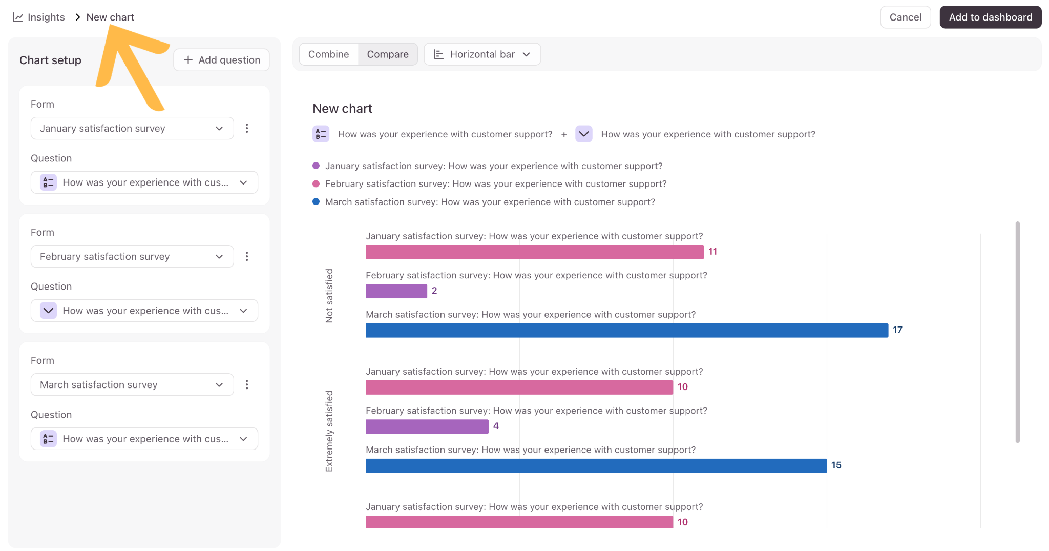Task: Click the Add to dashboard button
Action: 990,17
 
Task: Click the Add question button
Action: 221,60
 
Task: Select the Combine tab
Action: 328,54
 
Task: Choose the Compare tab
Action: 388,54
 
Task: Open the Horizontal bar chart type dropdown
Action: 482,54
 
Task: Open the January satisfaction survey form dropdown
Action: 132,128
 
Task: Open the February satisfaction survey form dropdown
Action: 132,256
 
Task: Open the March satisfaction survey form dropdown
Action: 132,384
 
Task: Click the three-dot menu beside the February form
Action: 247,256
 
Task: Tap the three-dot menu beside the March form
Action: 247,384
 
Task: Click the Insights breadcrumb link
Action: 39,17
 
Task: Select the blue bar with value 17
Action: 627,331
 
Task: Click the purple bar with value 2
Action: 396,291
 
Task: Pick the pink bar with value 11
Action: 535,252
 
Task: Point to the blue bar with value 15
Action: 596,466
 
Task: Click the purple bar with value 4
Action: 427,426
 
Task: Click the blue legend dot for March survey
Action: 316,202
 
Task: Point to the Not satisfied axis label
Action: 329,296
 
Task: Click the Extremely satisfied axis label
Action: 329,431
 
